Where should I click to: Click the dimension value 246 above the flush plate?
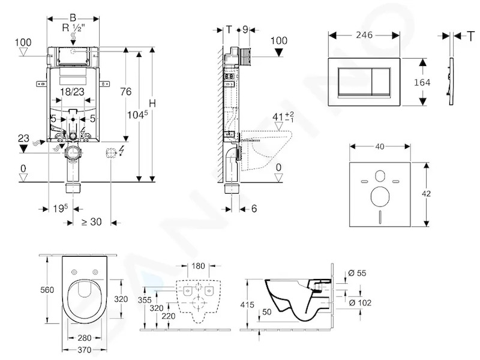pyautogui.click(x=364, y=35)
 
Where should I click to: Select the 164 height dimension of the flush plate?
pyautogui.click(x=422, y=82)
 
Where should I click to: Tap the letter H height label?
pyautogui.click(x=152, y=103)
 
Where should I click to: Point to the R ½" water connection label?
pyautogui.click(x=73, y=28)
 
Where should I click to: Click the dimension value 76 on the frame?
pyautogui.click(x=126, y=92)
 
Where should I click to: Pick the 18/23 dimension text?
pyautogui.click(x=72, y=92)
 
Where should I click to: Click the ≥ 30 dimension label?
pyautogui.click(x=92, y=221)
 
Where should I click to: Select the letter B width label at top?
pyautogui.click(x=73, y=18)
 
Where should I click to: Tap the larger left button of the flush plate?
pyautogui.click(x=355, y=82)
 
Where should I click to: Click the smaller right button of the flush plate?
pyautogui.click(x=381, y=82)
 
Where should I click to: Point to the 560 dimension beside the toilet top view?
pyautogui.click(x=47, y=290)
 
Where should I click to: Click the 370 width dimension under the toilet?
pyautogui.click(x=84, y=350)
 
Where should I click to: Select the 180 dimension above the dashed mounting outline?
pyautogui.click(x=198, y=266)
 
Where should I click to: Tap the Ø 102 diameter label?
pyautogui.click(x=360, y=303)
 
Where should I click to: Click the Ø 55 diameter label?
pyautogui.click(x=357, y=273)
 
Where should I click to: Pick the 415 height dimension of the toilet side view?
pyautogui.click(x=247, y=305)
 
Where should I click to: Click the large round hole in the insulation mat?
pyautogui.click(x=380, y=197)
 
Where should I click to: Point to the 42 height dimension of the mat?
pyautogui.click(x=426, y=193)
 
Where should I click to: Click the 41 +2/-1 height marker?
pyautogui.click(x=283, y=116)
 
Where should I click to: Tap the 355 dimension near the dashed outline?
pyautogui.click(x=145, y=300)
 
